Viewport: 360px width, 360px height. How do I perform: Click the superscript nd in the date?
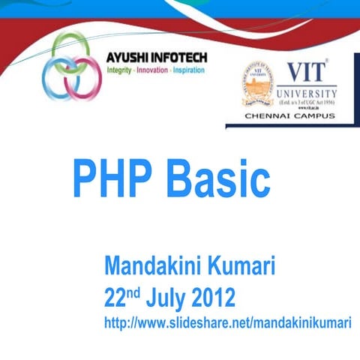click(x=134, y=291)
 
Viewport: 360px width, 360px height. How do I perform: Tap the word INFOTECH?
click(x=181, y=58)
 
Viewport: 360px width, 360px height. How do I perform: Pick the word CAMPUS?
click(x=317, y=117)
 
